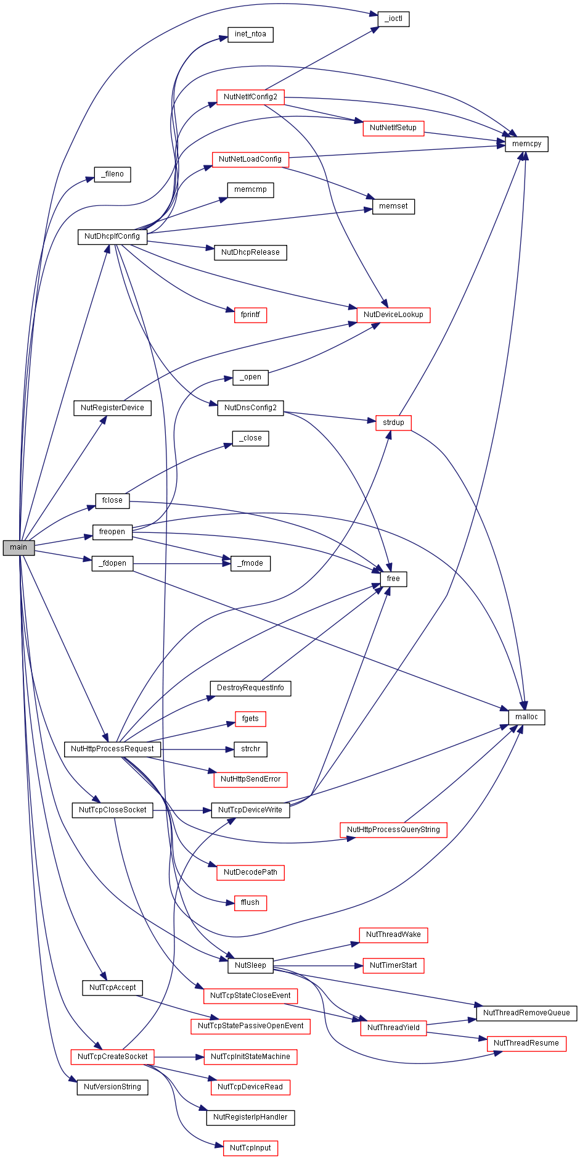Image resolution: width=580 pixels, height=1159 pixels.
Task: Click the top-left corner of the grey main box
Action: [x=3, y=540]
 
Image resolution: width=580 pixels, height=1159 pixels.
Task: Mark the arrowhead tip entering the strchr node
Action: [x=234, y=749]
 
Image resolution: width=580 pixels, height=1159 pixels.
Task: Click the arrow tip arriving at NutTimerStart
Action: [x=363, y=965]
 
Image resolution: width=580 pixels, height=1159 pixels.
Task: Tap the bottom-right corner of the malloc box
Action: [x=545, y=725]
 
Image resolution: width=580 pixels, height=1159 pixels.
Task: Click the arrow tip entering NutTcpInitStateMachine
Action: [x=204, y=1057]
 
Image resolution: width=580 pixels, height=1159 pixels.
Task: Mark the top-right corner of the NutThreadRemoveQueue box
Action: [x=577, y=1005]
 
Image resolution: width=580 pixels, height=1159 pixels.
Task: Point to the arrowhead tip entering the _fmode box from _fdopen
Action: [x=231, y=564]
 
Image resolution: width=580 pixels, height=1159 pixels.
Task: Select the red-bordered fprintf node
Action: [x=250, y=315]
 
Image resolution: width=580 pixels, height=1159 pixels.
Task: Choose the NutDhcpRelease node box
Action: [x=250, y=252]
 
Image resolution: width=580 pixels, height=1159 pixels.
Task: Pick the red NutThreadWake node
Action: [x=393, y=934]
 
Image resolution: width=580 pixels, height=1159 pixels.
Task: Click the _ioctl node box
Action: [x=393, y=19]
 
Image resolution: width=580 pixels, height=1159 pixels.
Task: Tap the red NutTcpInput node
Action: [x=250, y=1148]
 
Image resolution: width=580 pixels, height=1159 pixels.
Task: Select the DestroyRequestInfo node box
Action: [x=250, y=688]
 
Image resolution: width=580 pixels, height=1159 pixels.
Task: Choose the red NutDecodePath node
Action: [x=250, y=872]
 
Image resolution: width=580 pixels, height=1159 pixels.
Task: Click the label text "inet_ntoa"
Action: [x=250, y=34]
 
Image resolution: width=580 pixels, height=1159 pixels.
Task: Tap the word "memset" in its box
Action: [x=393, y=206]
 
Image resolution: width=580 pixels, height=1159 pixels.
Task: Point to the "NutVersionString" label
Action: [x=112, y=1087]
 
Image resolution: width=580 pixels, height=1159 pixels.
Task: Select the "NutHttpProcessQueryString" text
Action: [x=393, y=830]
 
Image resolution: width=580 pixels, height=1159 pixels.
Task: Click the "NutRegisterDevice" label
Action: [x=112, y=408]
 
